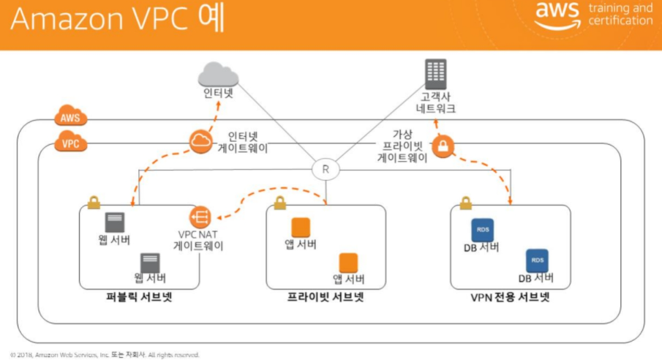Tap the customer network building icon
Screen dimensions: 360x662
437,75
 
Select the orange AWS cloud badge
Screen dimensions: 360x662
71,116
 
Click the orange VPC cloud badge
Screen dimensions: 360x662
71,143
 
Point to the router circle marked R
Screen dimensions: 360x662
326,170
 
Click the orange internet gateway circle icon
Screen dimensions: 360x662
200,142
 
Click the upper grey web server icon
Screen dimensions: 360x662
114,222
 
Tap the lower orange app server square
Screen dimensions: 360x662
348,262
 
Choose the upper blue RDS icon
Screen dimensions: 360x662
482,230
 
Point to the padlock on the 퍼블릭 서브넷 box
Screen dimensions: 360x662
94,202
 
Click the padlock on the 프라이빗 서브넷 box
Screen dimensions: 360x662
279,202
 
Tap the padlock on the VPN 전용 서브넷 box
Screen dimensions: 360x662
464,202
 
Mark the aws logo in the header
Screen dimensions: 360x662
557,15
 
